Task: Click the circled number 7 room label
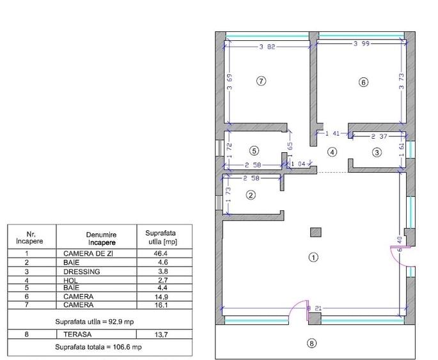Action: pos(260,81)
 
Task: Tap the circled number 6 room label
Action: pos(363,82)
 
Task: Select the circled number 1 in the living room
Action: pos(313,257)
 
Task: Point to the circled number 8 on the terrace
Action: pos(312,343)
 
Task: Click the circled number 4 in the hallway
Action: pos(331,152)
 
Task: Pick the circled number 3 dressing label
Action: pos(377,152)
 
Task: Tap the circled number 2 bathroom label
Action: pos(251,195)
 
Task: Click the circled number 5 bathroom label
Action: pos(254,151)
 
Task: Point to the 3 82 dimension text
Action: pos(269,47)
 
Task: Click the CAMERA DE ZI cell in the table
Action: pos(88,254)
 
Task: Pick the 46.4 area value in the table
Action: pos(160,254)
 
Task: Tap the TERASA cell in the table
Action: pos(77,334)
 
